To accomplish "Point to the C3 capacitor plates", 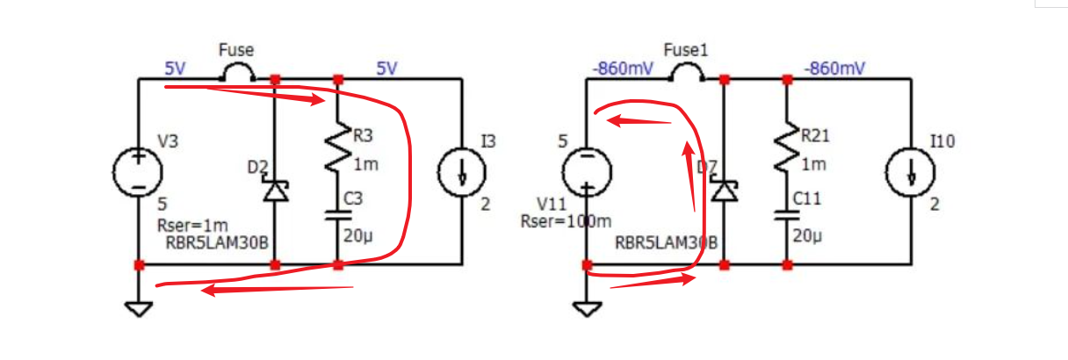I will [x=338, y=216].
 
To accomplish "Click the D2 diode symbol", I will [x=275, y=191].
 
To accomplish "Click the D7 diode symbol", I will [x=723, y=191].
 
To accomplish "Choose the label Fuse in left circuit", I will [x=236, y=51].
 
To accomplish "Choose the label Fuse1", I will [x=686, y=51].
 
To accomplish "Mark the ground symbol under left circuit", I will [x=138, y=308].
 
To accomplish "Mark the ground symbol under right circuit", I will [x=585, y=308].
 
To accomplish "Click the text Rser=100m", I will [x=555, y=221].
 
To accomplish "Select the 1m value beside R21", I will [x=809, y=164].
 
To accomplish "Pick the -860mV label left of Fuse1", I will [x=623, y=68].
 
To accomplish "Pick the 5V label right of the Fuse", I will [x=387, y=68].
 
